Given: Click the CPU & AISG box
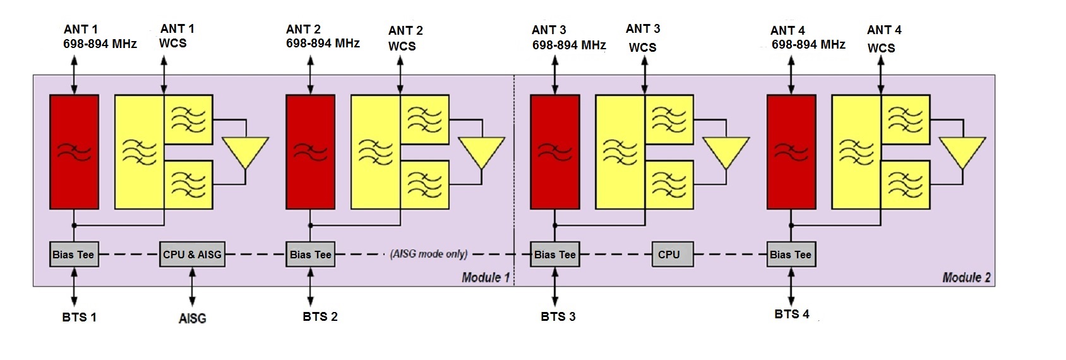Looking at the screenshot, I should (192, 255).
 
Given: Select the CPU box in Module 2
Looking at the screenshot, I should (669, 255).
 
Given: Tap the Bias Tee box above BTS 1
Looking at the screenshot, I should (74, 255).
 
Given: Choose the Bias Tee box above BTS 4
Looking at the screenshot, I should (791, 255).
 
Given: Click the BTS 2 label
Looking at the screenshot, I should (320, 316).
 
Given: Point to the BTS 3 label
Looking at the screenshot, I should (558, 316).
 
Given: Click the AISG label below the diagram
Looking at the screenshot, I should (192, 318).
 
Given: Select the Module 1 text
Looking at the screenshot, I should (485, 277).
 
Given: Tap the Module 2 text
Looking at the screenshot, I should (966, 277).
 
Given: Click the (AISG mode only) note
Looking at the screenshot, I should (429, 254).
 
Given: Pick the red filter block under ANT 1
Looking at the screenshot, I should (74, 152).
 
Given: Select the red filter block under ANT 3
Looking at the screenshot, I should (554, 152).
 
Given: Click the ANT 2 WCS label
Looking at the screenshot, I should (405, 38).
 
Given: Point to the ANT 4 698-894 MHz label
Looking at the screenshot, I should (807, 37).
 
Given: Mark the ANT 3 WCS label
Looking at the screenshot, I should (643, 38).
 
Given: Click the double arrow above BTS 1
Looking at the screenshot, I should (74, 287).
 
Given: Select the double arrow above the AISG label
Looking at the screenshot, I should (192, 287).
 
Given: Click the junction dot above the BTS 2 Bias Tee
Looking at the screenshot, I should (311, 225).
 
